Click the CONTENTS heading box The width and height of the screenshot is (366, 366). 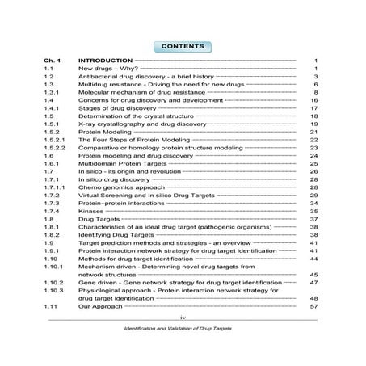click(183, 46)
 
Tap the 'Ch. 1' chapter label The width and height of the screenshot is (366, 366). click(53, 61)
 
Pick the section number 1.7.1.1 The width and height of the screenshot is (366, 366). click(55, 187)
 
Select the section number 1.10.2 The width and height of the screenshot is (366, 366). click(55, 284)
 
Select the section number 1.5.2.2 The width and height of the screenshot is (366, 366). click(55, 147)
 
